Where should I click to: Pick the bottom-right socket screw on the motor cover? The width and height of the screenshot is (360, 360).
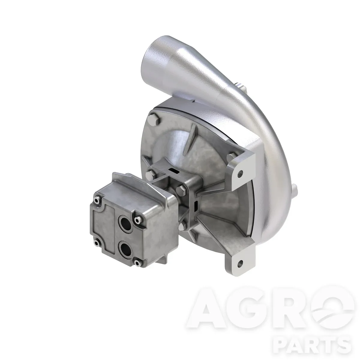[137, 263]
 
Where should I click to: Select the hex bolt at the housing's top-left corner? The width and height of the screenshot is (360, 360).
[154, 120]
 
